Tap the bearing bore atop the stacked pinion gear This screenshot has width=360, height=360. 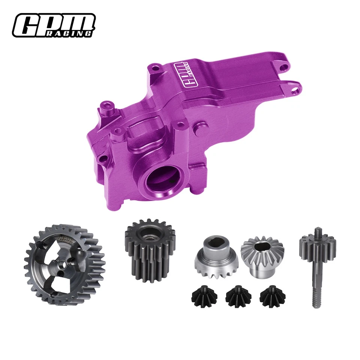(x=149, y=228)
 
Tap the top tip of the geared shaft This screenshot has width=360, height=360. (x=318, y=229)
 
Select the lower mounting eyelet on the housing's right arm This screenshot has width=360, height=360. (x=297, y=89)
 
